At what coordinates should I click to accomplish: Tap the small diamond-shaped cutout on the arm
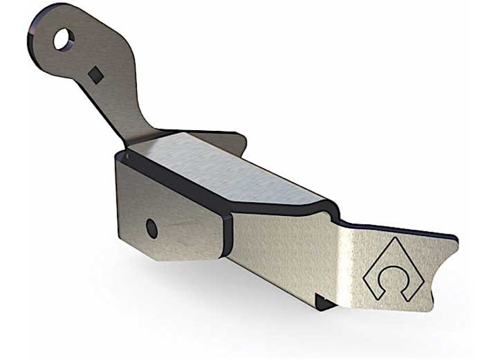pyautogui.click(x=96, y=73)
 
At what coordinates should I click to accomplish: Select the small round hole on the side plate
pyautogui.click(x=151, y=226)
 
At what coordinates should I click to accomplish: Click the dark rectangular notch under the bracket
pyautogui.click(x=322, y=299)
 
